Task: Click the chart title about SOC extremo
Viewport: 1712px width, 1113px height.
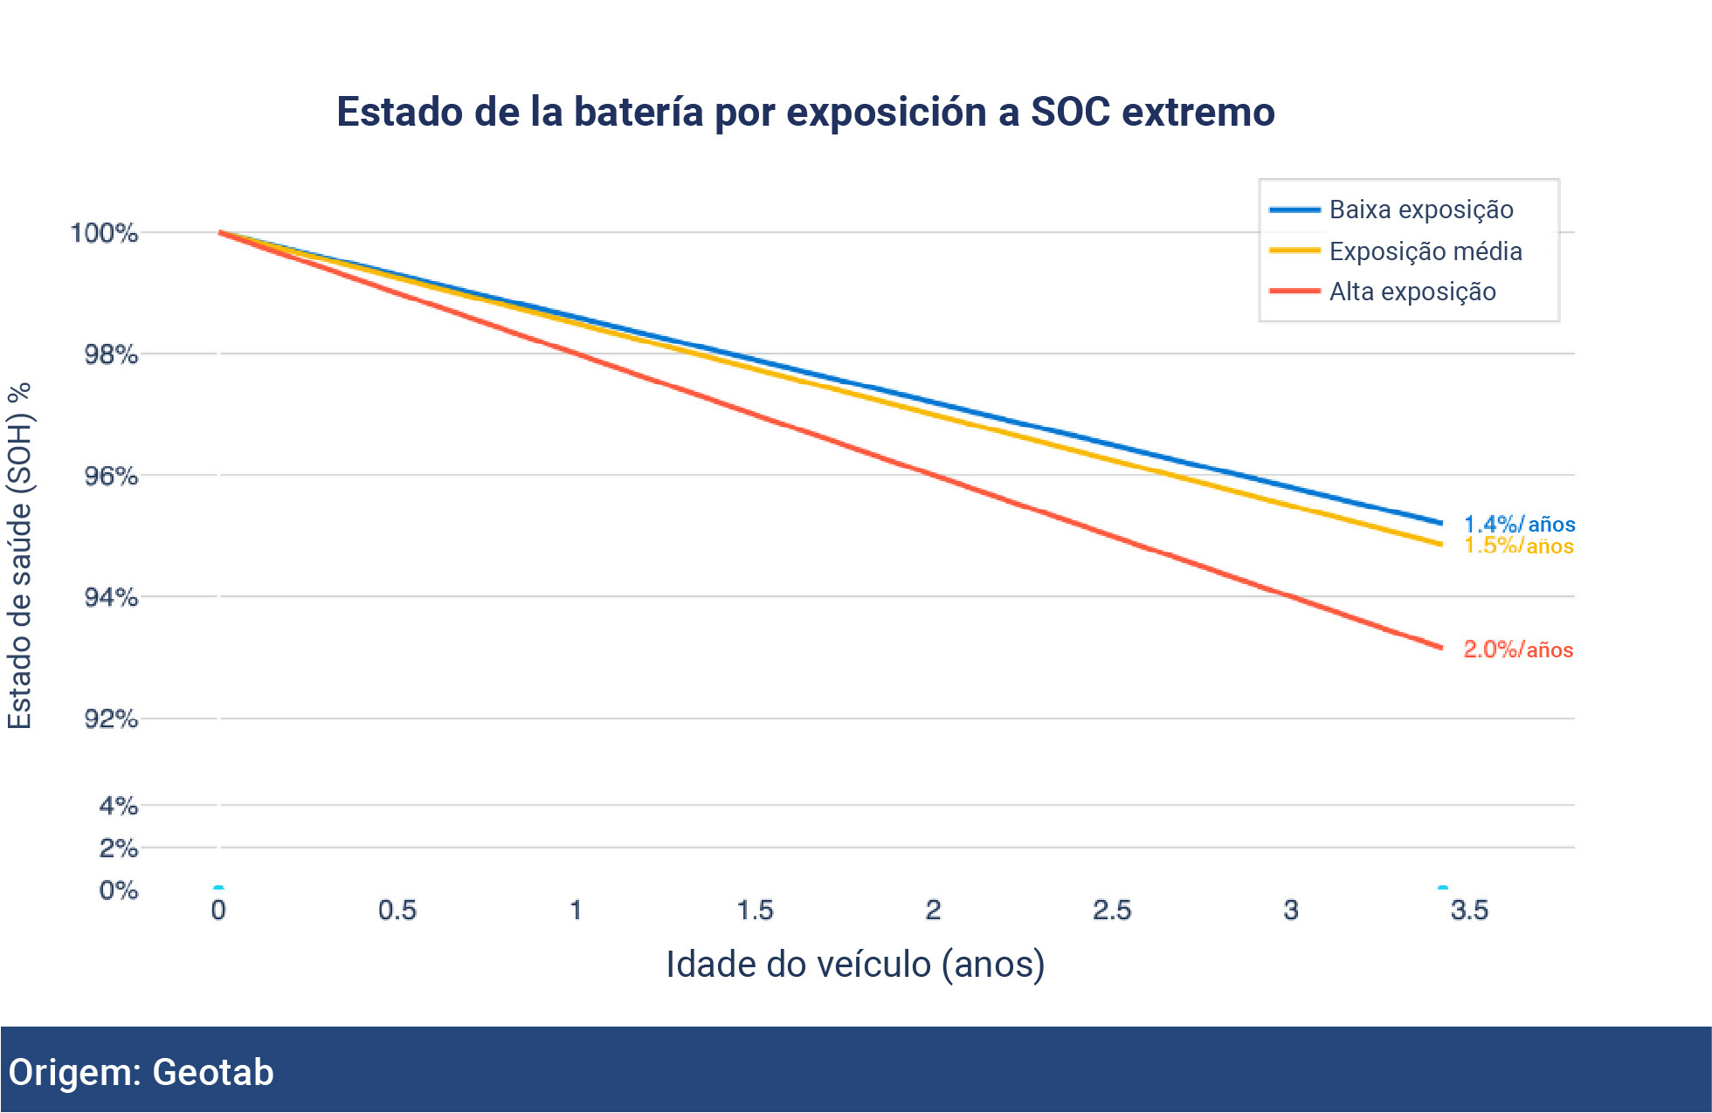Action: tap(805, 113)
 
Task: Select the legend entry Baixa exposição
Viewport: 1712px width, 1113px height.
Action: tap(1420, 210)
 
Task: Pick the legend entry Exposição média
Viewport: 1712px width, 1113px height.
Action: tap(1425, 251)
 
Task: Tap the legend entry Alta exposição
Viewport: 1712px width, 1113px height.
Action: tap(1412, 292)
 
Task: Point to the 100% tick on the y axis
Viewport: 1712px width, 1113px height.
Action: tap(104, 233)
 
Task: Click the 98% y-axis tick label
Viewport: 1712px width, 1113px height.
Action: tap(111, 354)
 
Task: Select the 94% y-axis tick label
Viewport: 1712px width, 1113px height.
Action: tap(111, 597)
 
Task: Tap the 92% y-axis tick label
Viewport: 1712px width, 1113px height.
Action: tap(111, 718)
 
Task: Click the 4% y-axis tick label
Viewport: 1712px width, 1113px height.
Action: tap(118, 805)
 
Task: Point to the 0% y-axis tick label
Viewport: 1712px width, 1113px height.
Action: tap(118, 890)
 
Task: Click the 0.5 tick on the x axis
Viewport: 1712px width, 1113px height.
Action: tap(397, 910)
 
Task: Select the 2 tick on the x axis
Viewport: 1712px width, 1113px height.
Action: tap(933, 910)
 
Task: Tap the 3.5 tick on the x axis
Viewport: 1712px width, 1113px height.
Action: tap(1469, 910)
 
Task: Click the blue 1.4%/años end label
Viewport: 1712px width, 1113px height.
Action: tap(1519, 524)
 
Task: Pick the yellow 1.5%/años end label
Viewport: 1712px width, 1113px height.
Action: tap(1519, 546)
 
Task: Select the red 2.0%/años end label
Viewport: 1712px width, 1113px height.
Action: tap(1518, 649)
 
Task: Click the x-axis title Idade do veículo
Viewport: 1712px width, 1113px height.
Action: tap(855, 965)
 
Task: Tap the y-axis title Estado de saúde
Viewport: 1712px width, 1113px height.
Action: tap(20, 555)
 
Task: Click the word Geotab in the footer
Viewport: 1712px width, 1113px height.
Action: tap(213, 1072)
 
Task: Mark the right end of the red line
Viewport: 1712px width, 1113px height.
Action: tap(1439, 647)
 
